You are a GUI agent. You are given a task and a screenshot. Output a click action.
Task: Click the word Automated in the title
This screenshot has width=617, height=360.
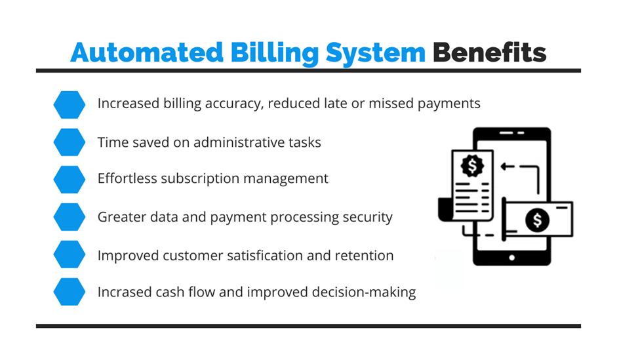point(147,52)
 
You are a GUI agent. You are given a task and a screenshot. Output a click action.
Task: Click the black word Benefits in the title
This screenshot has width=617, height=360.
point(490,52)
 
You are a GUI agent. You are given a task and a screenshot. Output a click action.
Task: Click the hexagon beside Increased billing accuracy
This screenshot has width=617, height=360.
point(70,105)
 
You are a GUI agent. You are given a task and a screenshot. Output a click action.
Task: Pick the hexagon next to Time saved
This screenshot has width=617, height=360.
point(70,142)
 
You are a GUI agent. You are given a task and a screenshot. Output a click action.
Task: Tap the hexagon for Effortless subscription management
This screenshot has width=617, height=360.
point(70,180)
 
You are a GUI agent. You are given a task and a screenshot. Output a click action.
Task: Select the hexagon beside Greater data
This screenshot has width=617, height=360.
point(70,217)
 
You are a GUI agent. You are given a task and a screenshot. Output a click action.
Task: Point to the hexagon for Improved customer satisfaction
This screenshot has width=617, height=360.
point(70,254)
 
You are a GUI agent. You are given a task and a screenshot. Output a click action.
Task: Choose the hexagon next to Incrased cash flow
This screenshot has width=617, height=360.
point(70,292)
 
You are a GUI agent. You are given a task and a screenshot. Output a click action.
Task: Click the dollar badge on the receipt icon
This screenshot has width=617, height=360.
point(472,166)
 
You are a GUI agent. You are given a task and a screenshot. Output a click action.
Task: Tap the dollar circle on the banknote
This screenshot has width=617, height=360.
point(537,220)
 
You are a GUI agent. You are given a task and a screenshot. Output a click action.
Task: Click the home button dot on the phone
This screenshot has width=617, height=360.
point(511,258)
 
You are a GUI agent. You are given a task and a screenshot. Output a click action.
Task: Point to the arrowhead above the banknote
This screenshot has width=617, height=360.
point(504,167)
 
